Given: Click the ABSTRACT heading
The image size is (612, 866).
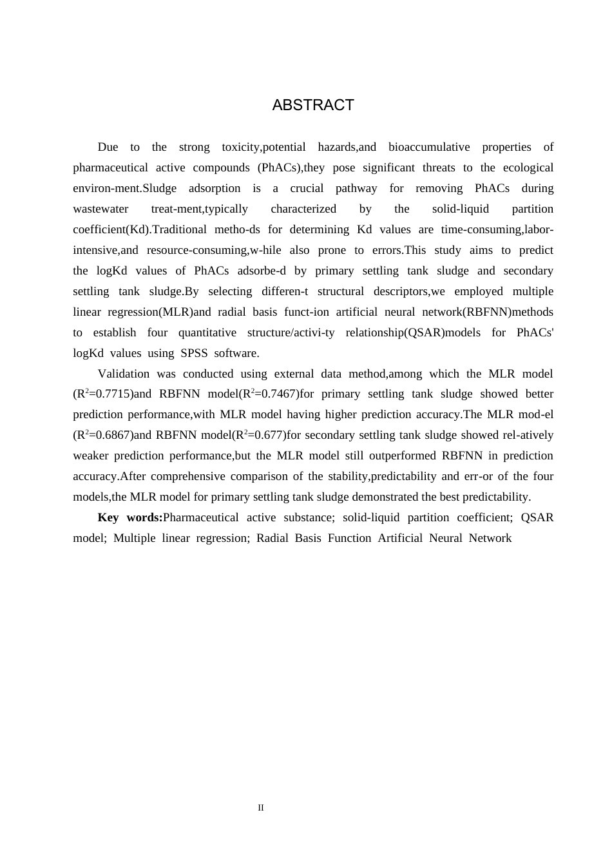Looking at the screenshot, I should point(313,105).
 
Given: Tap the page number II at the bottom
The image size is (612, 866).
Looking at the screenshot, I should point(261,807).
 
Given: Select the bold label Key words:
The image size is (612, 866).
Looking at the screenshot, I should point(130,517).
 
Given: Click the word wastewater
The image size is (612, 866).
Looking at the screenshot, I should point(100,209).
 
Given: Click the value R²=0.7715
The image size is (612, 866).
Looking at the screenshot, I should point(104,394).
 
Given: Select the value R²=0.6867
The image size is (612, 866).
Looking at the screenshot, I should point(104,435).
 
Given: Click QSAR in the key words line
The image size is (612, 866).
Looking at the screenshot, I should point(537,517).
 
